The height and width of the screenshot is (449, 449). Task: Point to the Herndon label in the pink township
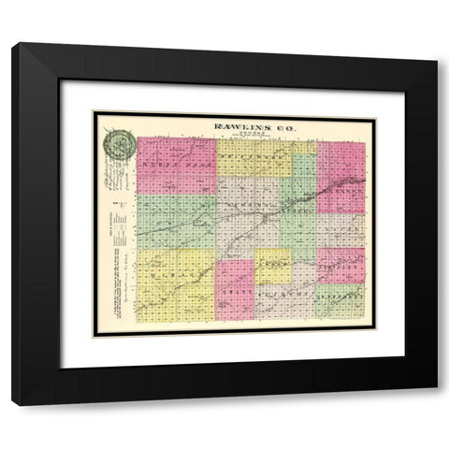click(340, 183)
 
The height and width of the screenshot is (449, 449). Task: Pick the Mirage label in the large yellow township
click(175, 277)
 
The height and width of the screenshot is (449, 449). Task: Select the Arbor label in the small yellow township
click(272, 266)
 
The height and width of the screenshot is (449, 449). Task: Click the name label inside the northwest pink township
click(176, 165)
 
